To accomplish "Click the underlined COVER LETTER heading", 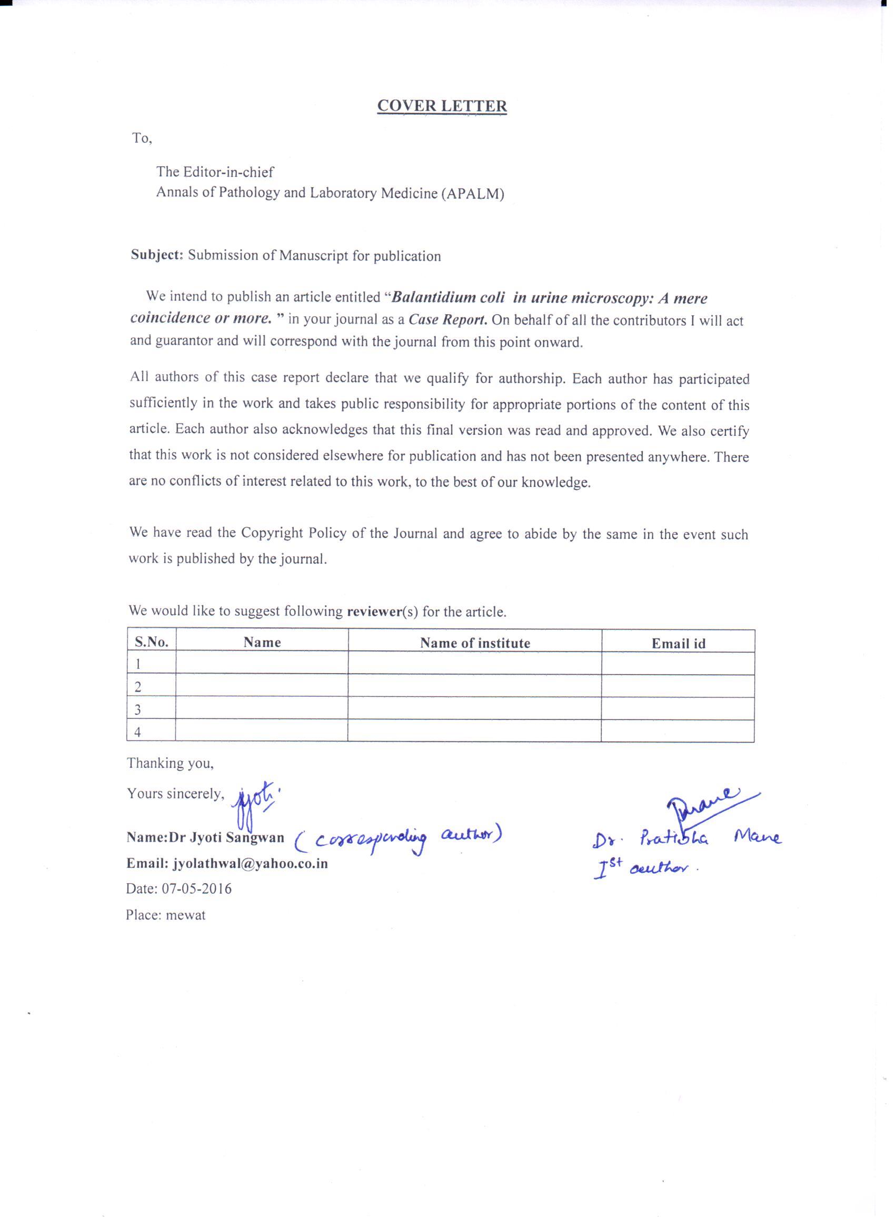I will coord(442,106).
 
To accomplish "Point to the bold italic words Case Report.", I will coord(447,319).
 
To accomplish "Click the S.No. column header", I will coord(151,643).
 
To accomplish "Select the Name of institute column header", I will coord(475,643).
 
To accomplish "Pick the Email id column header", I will coord(678,644).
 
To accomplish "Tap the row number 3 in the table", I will coord(138,710).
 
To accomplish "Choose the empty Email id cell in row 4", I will coord(678,732).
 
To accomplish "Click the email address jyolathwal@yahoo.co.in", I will coord(250,864).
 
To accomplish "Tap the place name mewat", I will coord(185,915).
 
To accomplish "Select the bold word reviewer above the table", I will coord(374,612).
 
